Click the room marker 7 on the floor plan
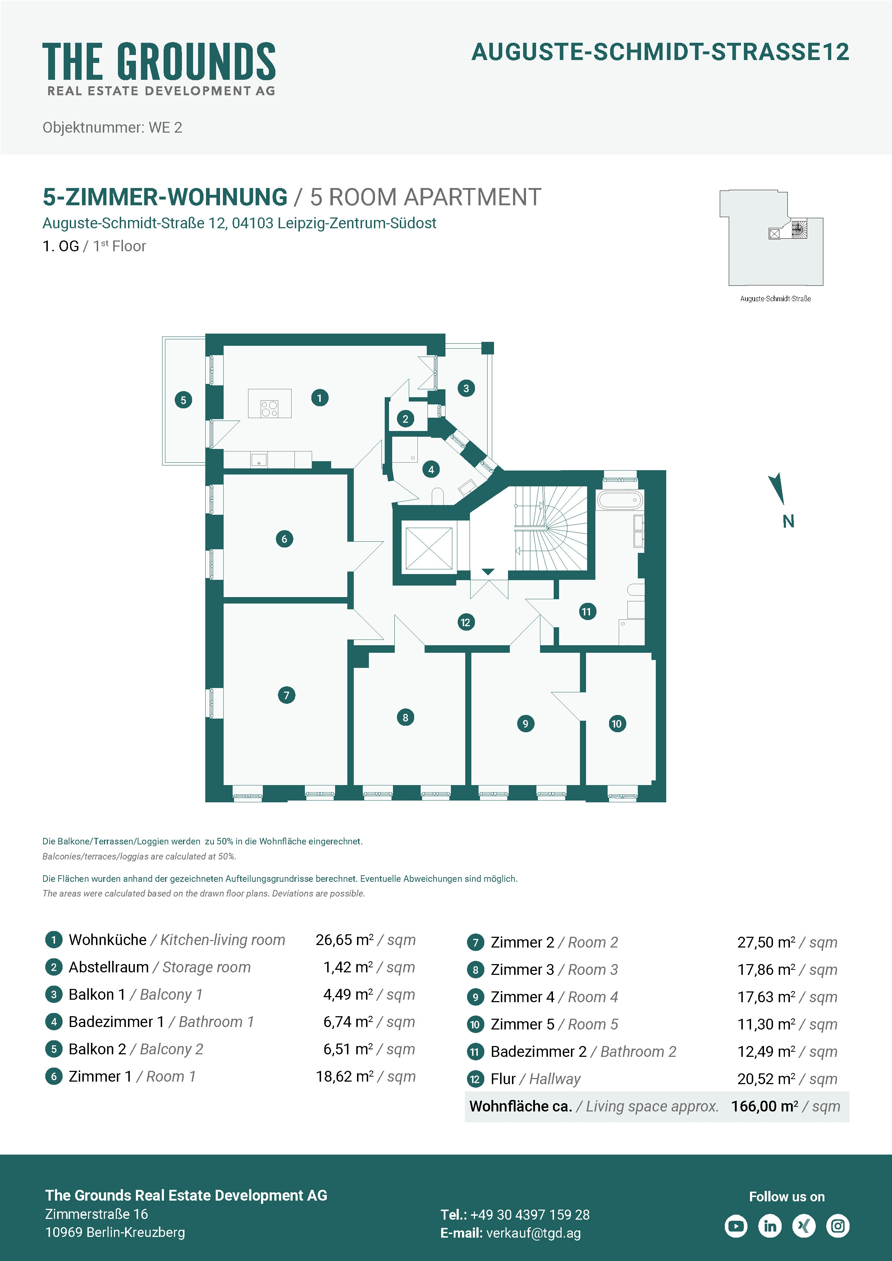[x=286, y=695]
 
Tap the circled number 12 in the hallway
[x=466, y=622]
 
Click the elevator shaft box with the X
[x=429, y=549]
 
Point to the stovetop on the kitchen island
[x=269, y=409]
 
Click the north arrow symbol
[x=777, y=488]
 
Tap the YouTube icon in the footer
[x=736, y=1226]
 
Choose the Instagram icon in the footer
[x=838, y=1226]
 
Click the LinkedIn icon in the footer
[x=770, y=1226]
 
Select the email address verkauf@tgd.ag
[x=533, y=1233]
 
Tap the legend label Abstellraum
[x=109, y=967]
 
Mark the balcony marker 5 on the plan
[x=183, y=400]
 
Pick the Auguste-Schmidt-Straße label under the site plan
[x=776, y=299]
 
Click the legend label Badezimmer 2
[x=539, y=1052]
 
